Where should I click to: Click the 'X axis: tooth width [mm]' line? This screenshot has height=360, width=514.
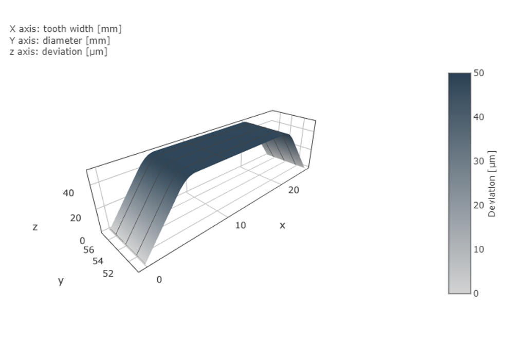click(66, 29)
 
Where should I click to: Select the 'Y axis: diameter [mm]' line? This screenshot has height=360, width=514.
click(60, 40)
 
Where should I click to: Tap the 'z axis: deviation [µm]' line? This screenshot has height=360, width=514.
click(59, 51)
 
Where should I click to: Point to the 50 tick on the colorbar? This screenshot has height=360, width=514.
click(479, 74)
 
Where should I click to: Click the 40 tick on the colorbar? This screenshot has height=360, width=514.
click(479, 117)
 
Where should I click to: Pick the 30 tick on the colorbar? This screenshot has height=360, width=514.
click(479, 161)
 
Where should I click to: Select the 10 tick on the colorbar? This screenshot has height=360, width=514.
click(479, 249)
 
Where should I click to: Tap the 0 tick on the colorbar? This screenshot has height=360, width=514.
click(476, 293)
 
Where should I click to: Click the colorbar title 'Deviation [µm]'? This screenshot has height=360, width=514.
click(492, 184)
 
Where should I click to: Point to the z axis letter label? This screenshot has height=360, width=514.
click(35, 227)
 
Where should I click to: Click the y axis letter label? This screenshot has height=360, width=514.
click(61, 281)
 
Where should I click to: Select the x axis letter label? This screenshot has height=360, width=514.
click(282, 225)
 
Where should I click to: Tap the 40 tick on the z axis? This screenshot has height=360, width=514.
click(68, 193)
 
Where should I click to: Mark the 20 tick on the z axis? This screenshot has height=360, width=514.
click(76, 218)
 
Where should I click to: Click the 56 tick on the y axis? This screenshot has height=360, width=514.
click(88, 249)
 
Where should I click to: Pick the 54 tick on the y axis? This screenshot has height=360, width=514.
click(98, 261)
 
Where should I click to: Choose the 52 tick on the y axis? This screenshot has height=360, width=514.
click(108, 274)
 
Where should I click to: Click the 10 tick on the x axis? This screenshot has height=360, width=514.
click(241, 225)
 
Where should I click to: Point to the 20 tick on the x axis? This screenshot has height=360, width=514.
click(293, 190)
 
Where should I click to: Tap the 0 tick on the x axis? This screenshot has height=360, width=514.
click(159, 279)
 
